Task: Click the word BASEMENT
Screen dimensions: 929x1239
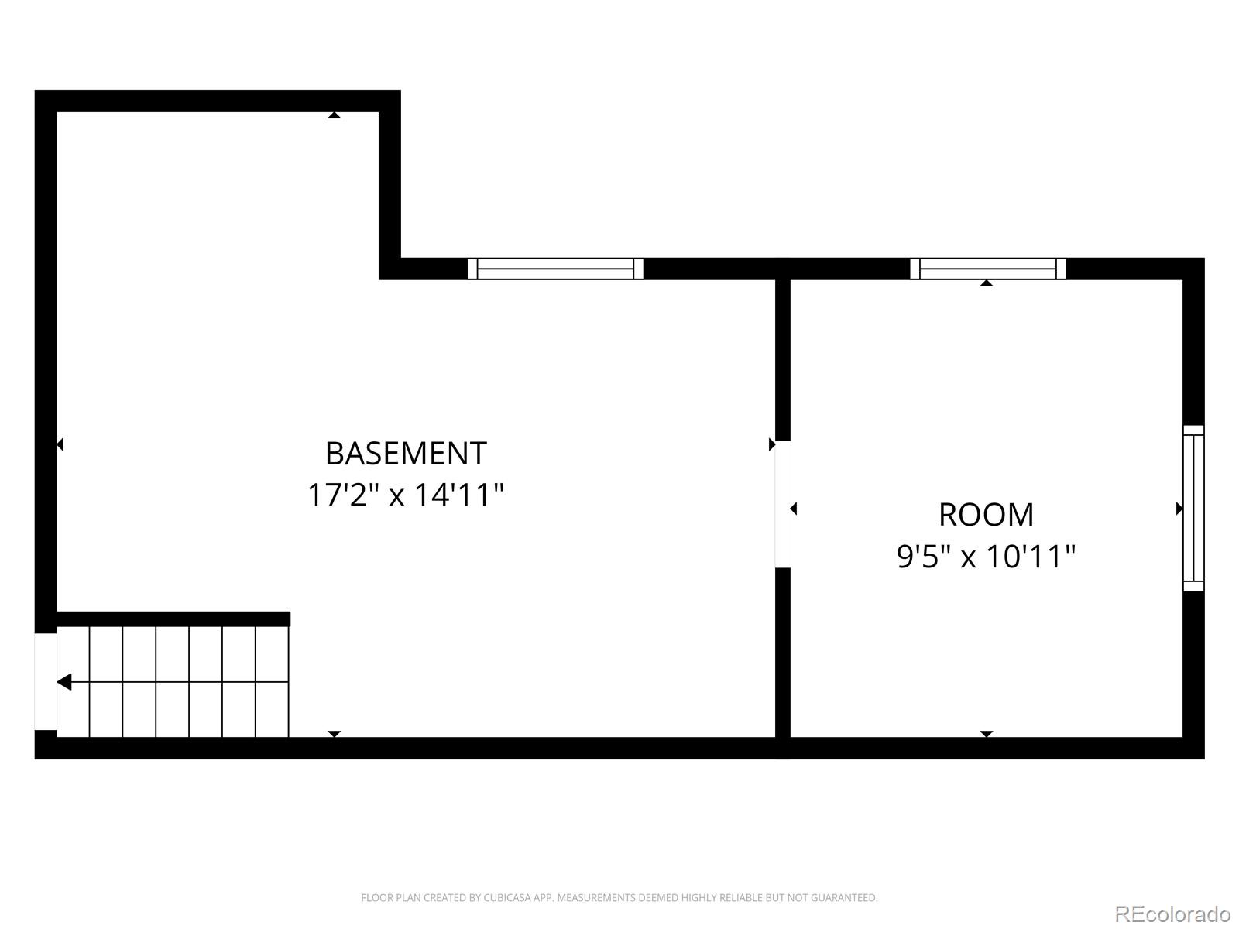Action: pos(406,454)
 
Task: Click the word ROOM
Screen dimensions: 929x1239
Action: pos(986,515)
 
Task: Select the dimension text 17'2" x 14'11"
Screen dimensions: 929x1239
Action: pos(406,495)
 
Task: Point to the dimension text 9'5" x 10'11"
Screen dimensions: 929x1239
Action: pos(986,556)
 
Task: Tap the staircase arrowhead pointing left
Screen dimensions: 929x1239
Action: pos(64,682)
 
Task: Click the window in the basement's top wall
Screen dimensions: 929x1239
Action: pos(555,269)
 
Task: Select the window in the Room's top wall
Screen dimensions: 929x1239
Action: pos(987,269)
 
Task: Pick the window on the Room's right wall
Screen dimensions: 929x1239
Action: pos(1193,508)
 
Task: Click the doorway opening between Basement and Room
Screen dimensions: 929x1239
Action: pos(782,504)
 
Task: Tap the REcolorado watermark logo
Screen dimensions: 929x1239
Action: pos(1172,914)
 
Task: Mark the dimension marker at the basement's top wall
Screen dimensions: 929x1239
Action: pos(334,115)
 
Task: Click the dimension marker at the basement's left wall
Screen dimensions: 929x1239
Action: pos(60,444)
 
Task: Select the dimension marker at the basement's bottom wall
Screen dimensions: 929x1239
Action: pos(334,733)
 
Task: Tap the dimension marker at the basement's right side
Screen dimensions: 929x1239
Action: pos(771,444)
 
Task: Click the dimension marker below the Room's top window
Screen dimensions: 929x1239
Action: pos(986,283)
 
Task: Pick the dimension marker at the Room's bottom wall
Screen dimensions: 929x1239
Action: pos(986,733)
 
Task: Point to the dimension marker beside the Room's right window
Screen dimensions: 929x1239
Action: pos(1179,509)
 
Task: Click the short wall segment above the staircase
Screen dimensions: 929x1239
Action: pos(173,619)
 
